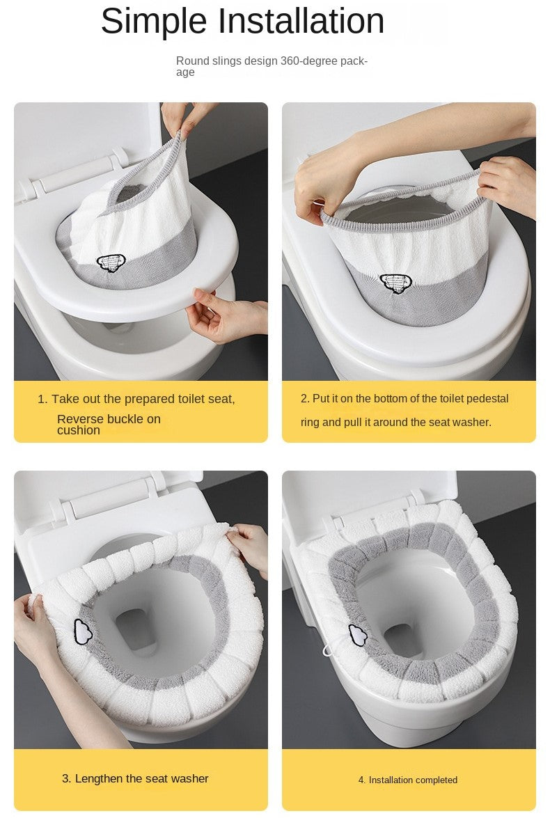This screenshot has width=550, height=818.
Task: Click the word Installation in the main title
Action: tap(301, 21)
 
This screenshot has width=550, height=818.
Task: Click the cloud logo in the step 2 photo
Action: tap(395, 282)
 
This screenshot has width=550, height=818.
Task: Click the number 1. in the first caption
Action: tap(42, 400)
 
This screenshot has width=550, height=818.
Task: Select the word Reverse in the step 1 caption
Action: tap(79, 419)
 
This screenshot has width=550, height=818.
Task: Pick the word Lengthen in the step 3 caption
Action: tap(99, 778)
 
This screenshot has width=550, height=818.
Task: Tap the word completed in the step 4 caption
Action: tap(434, 780)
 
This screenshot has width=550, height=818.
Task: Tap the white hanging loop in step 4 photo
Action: tap(328, 651)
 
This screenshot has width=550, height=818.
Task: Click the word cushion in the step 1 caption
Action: tap(79, 431)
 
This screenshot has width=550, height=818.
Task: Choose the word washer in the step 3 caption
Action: tap(189, 778)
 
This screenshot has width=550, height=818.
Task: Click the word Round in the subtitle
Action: tap(191, 61)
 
